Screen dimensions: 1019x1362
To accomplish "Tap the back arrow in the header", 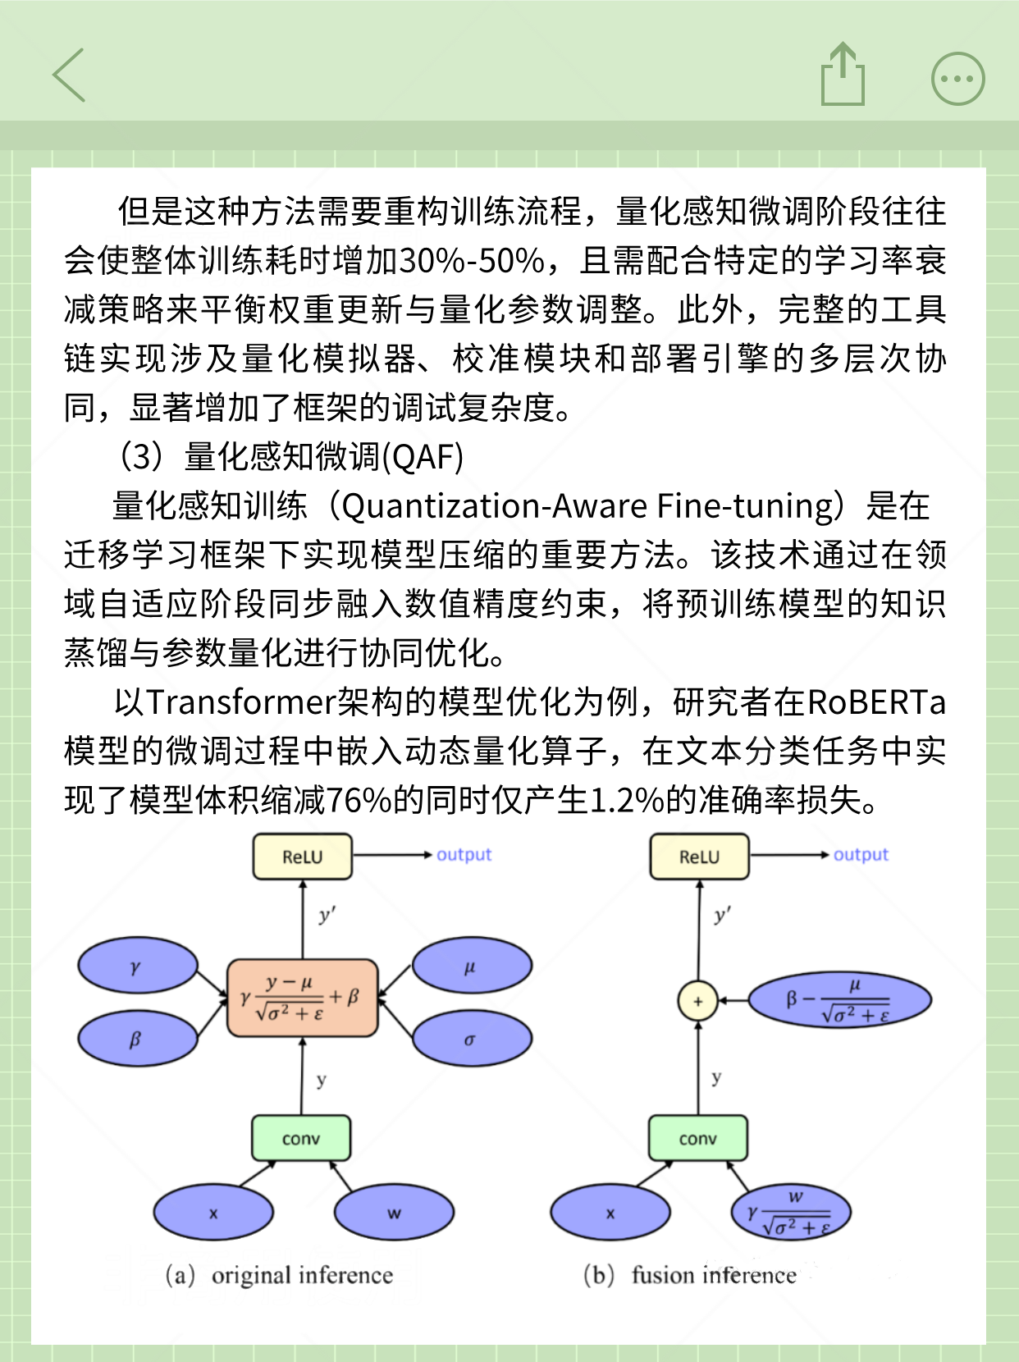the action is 70,75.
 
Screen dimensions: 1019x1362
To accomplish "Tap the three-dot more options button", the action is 957,79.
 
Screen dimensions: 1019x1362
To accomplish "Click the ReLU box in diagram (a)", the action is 303,857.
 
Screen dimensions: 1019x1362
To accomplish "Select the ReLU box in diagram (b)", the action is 699,857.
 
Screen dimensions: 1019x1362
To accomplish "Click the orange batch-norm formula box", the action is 302,998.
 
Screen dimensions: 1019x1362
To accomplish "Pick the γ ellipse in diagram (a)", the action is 137,967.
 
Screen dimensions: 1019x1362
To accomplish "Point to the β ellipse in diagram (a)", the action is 137,1040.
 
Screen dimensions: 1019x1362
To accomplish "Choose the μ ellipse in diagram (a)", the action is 471,967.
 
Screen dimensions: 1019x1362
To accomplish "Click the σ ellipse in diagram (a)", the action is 471,1040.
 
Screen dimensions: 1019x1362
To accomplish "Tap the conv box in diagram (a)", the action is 301,1138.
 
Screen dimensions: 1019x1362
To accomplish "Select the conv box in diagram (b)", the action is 698,1138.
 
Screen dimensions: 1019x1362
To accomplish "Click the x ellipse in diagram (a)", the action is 213,1213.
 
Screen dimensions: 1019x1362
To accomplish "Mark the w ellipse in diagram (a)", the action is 394,1213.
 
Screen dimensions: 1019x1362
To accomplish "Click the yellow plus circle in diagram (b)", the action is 698,1001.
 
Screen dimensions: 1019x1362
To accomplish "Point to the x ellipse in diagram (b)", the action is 610,1213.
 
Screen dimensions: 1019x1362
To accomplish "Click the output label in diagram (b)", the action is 861,855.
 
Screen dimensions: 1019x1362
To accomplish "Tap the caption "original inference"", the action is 302,1275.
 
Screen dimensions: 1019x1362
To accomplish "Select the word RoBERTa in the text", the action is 876,702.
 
